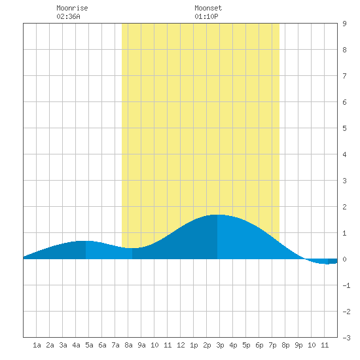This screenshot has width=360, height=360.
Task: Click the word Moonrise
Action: tap(72, 8)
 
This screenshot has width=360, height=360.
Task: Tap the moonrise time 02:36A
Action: tap(68, 16)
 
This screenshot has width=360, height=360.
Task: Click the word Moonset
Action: tap(208, 8)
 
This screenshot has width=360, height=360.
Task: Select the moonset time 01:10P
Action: tap(206, 16)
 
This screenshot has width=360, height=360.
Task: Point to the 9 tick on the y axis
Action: tap(344, 24)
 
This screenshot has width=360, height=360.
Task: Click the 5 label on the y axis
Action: tap(344, 128)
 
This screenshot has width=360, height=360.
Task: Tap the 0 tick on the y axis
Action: tap(344, 259)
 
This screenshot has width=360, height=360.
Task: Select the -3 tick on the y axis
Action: tap(346, 338)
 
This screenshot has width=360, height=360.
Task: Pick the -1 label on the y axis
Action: tap(346, 285)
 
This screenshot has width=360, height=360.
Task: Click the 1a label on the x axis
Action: tap(37, 345)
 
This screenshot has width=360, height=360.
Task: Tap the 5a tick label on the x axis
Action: tap(89, 345)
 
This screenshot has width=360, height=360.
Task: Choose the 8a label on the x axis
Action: tap(128, 345)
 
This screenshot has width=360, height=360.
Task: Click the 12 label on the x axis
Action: tap(181, 345)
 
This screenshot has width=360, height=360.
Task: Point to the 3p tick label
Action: tap(220, 345)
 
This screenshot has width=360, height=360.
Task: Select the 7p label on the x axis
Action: tap(272, 345)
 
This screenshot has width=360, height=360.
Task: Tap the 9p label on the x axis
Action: tap(298, 345)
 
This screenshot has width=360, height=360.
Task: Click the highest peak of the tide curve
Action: tap(217, 215)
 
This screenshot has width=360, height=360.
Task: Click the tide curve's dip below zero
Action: tap(326, 264)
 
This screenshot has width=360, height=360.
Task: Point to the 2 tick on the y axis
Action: tap(344, 207)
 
